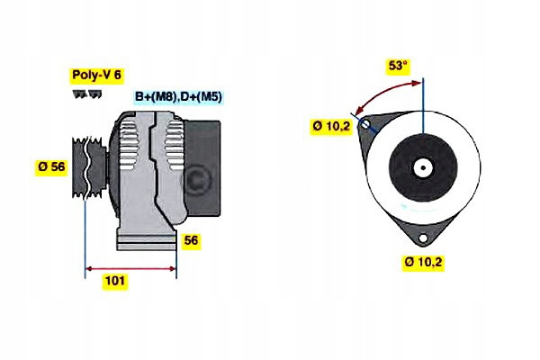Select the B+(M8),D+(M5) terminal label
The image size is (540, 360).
pos(179,96)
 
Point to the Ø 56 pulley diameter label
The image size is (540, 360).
pos(51,166)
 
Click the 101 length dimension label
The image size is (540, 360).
pos(115,281)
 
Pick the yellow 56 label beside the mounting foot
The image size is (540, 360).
pos(192,241)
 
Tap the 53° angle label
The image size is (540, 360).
pos(398,66)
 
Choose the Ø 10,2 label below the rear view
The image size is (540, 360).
pos(424,262)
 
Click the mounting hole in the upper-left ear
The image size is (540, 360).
pos(365,126)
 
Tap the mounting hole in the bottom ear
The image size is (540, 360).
pos(423,237)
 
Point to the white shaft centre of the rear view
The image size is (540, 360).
pos(423,168)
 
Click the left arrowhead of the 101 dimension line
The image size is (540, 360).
pos(88,267)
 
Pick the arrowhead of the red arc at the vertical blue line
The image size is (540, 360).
pos(418,83)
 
